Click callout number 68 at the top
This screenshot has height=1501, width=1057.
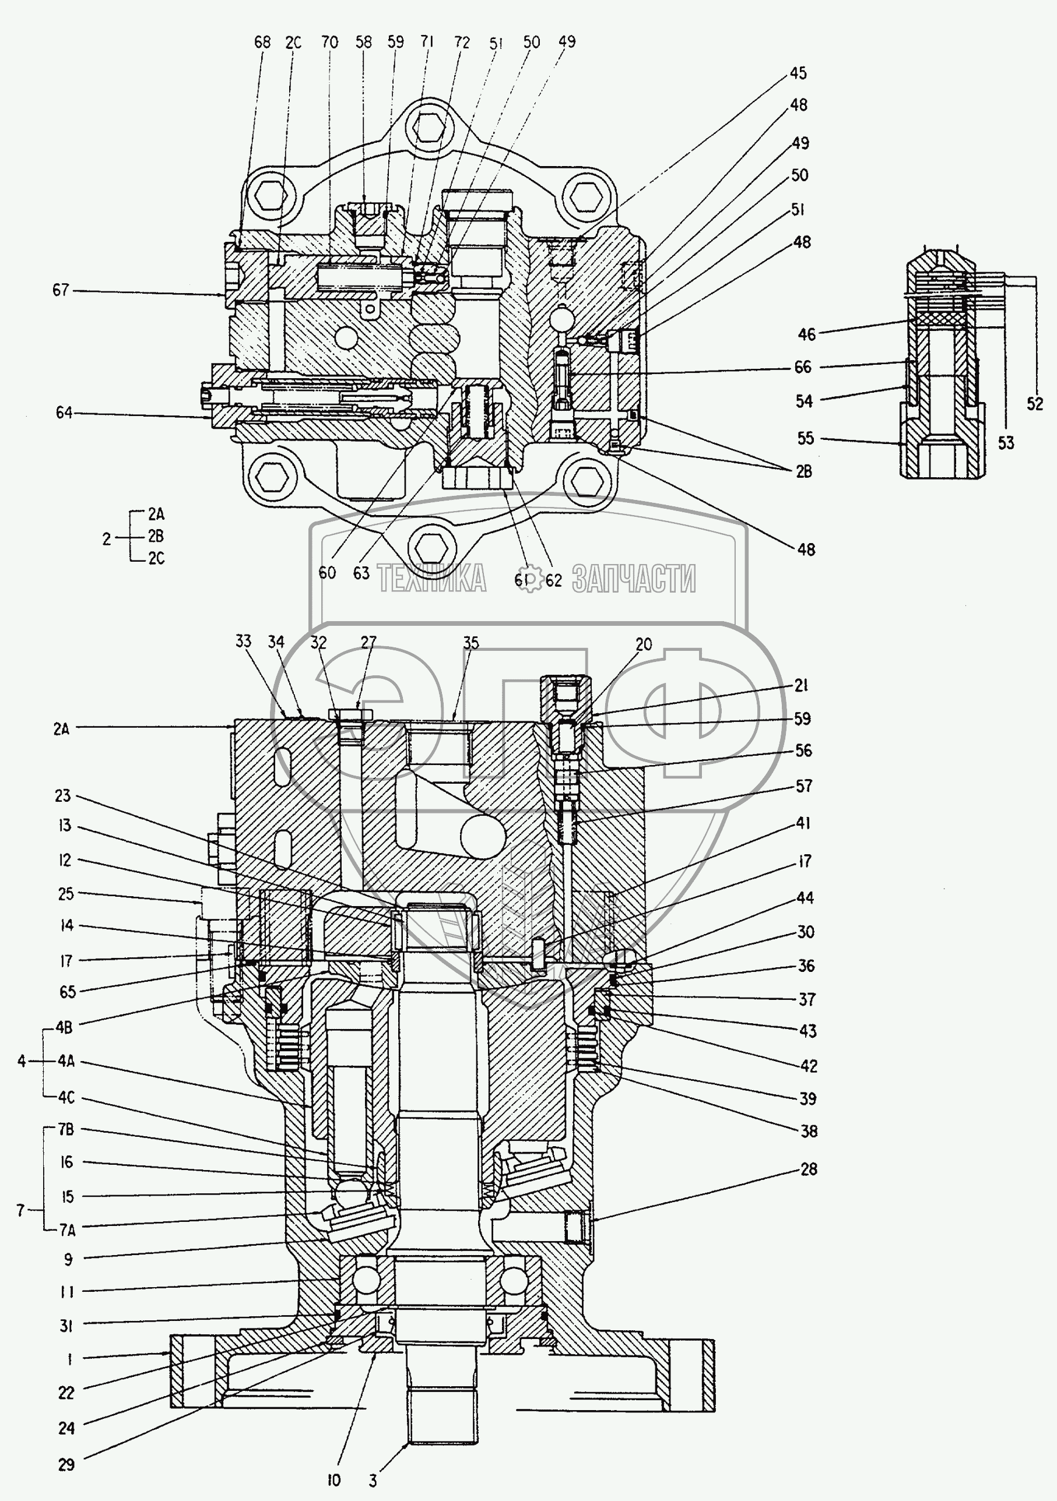pyautogui.click(x=262, y=43)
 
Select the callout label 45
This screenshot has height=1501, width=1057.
pyautogui.click(x=798, y=73)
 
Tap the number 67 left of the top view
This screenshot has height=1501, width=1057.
pyautogui.click(x=61, y=290)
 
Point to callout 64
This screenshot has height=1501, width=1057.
pyautogui.click(x=64, y=413)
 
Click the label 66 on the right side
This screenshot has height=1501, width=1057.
pyautogui.click(x=803, y=368)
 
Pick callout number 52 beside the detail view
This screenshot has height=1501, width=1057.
pyautogui.click(x=1034, y=404)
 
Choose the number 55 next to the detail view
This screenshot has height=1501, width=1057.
pyautogui.click(x=805, y=438)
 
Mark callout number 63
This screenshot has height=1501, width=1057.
pyautogui.click(x=361, y=573)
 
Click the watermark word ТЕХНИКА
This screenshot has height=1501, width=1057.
pyautogui.click(x=431, y=579)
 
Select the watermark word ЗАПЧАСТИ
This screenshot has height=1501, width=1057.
pyautogui.click(x=633, y=579)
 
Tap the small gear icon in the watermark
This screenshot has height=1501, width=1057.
pyautogui.click(x=529, y=579)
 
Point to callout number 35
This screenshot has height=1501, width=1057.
pyautogui.click(x=471, y=643)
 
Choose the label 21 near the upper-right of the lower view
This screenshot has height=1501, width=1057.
pyautogui.click(x=801, y=685)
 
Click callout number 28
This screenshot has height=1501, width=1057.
pyautogui.click(x=809, y=1169)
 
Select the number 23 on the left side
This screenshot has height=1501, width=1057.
pyautogui.click(x=63, y=795)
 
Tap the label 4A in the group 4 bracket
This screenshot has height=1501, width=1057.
pyautogui.click(x=65, y=1061)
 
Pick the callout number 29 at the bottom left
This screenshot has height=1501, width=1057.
pyautogui.click(x=66, y=1465)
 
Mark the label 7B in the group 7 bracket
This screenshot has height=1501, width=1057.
pyautogui.click(x=66, y=1130)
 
